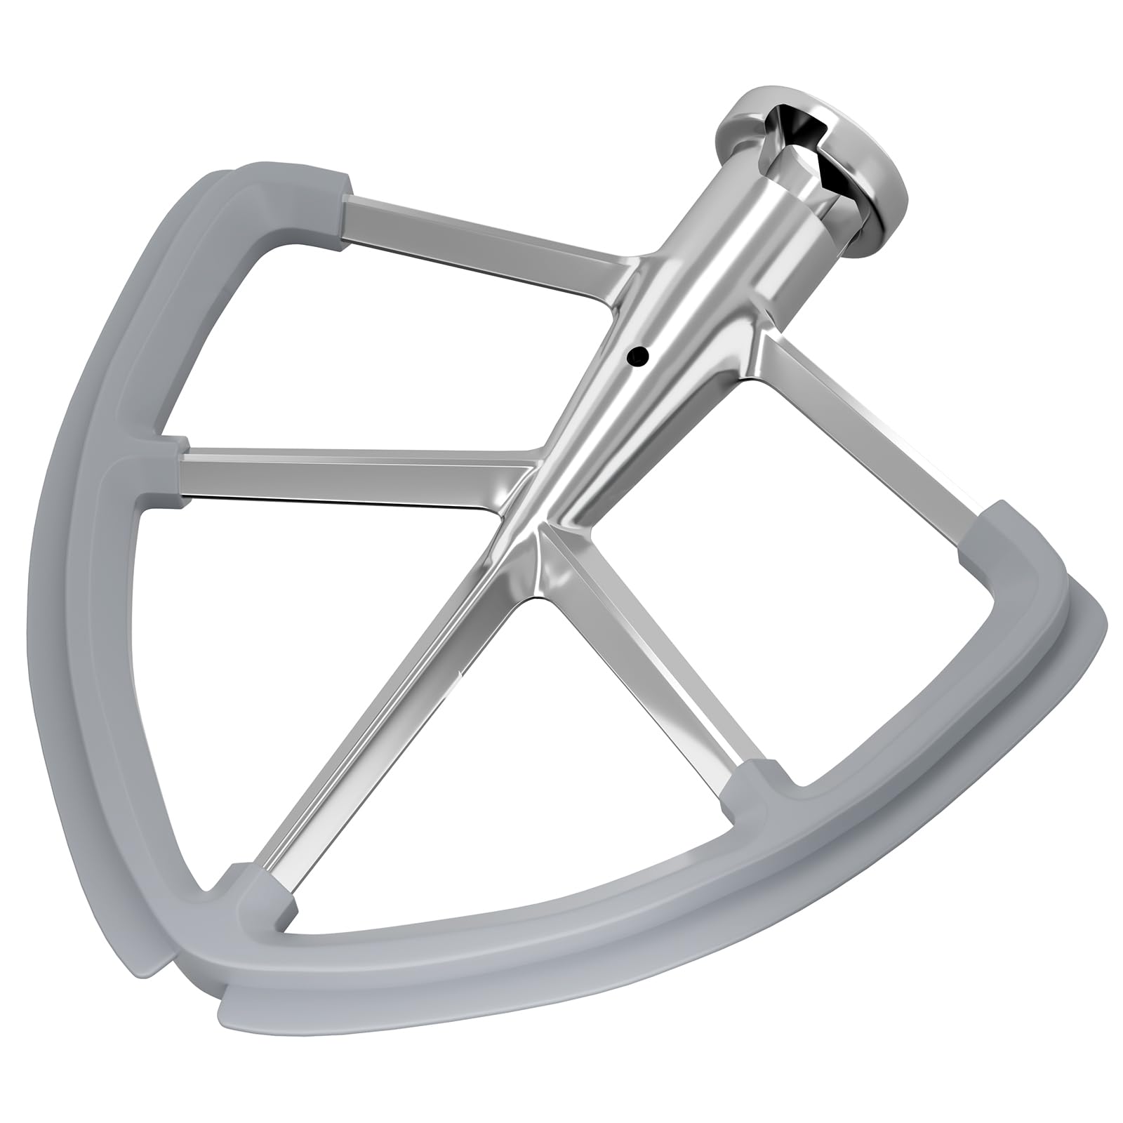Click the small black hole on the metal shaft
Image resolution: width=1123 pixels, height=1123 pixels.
click(637, 357)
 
